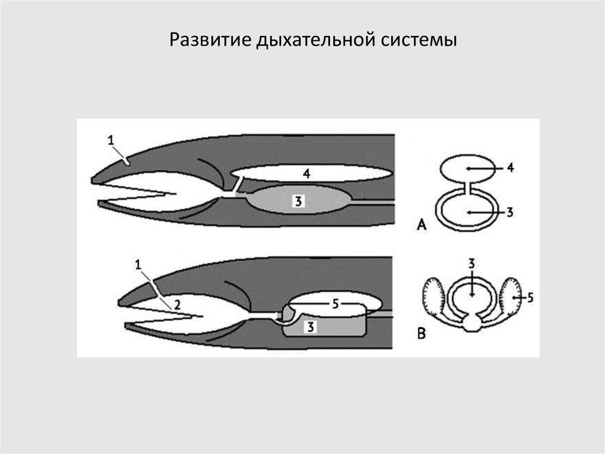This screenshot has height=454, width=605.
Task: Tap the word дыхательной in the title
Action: tap(316, 40)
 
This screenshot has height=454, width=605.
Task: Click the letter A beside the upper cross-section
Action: tap(421, 224)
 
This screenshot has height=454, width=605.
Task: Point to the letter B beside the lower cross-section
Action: tap(421, 333)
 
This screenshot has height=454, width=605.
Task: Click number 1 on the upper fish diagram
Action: tap(111, 140)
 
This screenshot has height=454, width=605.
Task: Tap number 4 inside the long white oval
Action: tap(307, 173)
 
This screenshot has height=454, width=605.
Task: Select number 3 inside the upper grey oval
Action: tap(298, 201)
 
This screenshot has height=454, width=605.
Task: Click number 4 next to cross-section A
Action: tap(510, 168)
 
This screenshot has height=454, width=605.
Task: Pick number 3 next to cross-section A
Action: tap(510, 212)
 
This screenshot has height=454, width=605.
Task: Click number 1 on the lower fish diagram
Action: tap(138, 265)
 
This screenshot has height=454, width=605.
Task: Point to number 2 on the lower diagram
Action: tap(177, 305)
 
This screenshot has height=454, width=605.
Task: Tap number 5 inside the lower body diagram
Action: tap(336, 304)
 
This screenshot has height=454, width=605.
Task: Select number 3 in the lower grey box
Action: tap(311, 327)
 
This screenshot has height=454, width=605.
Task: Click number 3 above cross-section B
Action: tap(471, 264)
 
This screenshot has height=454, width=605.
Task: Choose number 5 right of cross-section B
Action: tap(530, 297)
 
